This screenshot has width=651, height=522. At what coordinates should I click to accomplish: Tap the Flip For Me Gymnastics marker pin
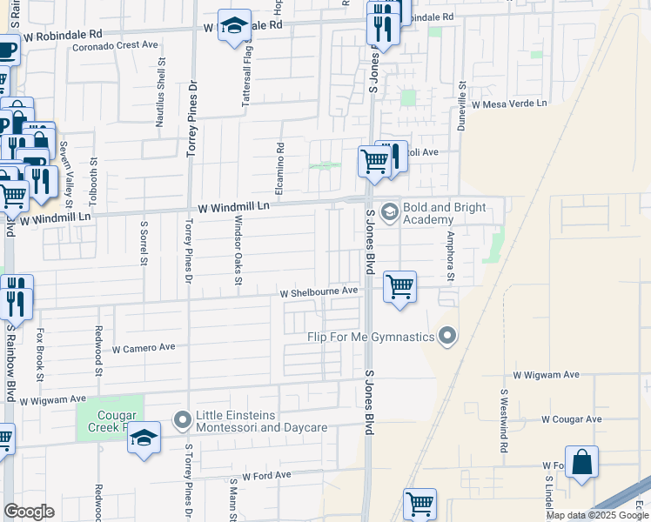448,336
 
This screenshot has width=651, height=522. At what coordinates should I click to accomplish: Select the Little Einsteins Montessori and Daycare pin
182,421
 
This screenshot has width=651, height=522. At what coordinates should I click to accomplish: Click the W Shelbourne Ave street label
319,292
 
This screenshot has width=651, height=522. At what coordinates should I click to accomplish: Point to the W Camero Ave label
144,347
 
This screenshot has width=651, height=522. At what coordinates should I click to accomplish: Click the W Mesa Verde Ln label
510,104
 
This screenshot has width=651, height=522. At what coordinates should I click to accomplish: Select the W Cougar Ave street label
571,418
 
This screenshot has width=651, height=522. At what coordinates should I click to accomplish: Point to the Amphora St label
451,257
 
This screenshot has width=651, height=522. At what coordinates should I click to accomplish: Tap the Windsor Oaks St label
238,250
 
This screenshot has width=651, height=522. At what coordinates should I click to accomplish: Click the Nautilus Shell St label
160,93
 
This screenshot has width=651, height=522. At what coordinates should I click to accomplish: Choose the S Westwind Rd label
503,420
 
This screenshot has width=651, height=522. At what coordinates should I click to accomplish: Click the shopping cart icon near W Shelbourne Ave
399,286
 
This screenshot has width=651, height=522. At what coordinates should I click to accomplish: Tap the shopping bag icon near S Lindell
581,461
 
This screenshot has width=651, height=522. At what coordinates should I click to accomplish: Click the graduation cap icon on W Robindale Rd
234,27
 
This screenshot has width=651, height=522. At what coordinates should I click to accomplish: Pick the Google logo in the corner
29,512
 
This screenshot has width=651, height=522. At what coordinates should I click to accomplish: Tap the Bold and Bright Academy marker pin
389,211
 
